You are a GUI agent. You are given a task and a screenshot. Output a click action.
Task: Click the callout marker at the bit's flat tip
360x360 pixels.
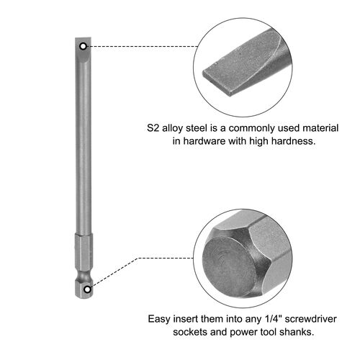pos(83,46)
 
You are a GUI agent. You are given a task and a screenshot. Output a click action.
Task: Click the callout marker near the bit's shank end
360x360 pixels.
pos(88,289)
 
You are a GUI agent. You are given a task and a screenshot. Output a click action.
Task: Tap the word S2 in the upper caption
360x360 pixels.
pos(153,128)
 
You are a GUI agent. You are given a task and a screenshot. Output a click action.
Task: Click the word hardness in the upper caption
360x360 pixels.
pos(293,141)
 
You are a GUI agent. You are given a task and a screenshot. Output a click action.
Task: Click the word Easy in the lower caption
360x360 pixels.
pos(159,319)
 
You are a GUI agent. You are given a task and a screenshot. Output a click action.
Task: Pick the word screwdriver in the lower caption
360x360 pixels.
pos(310,319)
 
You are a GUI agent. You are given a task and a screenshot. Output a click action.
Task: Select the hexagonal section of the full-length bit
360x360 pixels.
pos(83,253)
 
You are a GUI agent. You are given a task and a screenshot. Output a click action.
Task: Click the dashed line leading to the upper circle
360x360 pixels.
pos(143,46)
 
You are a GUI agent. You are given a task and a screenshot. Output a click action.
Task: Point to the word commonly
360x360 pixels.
pos(252,129)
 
